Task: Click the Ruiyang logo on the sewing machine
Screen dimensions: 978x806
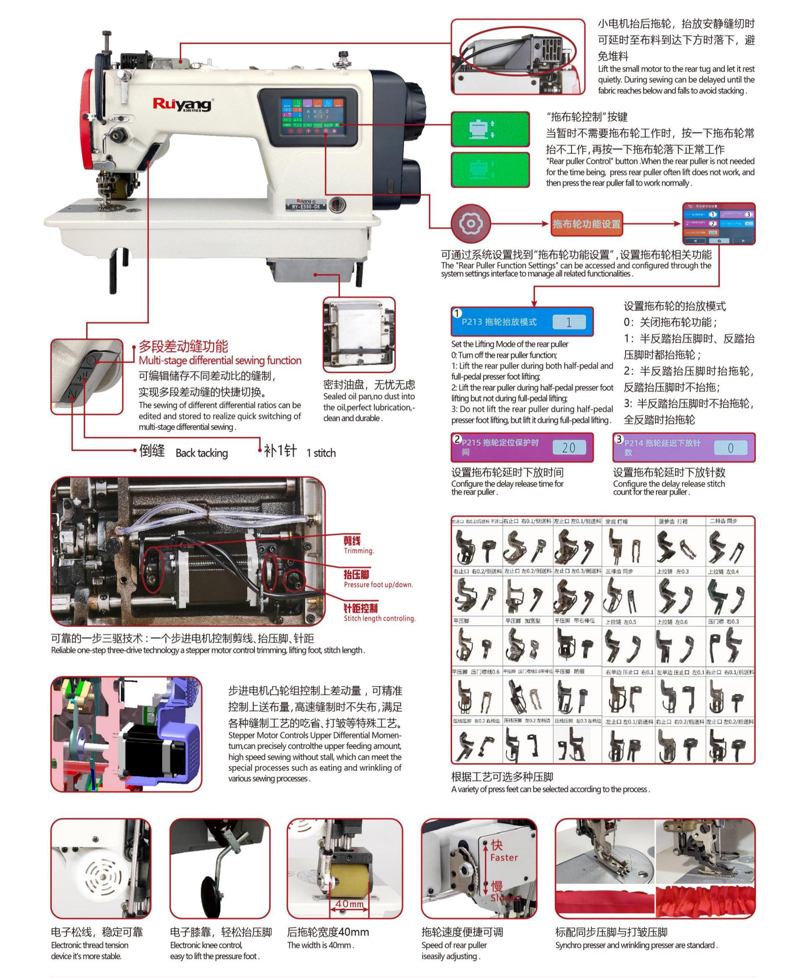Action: click(182, 104)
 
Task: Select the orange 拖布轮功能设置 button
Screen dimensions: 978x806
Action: click(586, 224)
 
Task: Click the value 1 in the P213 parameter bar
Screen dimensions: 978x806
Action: click(569, 322)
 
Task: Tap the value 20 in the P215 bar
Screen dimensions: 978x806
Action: click(569, 447)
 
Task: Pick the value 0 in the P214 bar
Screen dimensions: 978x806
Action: click(730, 448)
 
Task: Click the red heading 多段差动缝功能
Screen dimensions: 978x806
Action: click(183, 346)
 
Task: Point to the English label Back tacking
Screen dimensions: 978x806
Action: click(201, 453)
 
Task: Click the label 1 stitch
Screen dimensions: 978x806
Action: click(321, 453)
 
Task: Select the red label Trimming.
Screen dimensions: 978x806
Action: click(359, 551)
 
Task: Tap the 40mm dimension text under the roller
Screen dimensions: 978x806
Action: click(350, 904)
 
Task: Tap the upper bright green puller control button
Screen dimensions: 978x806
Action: click(490, 128)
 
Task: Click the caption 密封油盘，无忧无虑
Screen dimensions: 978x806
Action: click(369, 384)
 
